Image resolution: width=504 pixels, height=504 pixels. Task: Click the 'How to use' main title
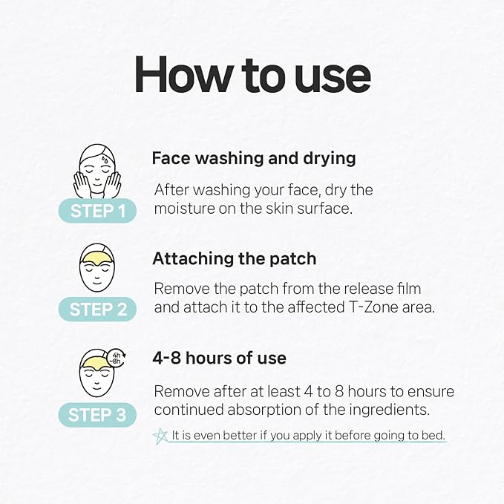tap(252, 76)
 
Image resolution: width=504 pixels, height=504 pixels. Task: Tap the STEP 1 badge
tap(97, 211)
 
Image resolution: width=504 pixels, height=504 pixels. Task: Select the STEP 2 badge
tap(97, 310)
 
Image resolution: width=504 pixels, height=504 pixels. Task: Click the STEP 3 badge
tap(97, 415)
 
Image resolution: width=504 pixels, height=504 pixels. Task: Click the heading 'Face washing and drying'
tap(254, 158)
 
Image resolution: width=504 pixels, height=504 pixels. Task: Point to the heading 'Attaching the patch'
tap(234, 259)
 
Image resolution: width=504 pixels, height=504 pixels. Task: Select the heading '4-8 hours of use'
tap(219, 358)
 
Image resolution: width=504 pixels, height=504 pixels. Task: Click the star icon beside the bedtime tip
tap(160, 436)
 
